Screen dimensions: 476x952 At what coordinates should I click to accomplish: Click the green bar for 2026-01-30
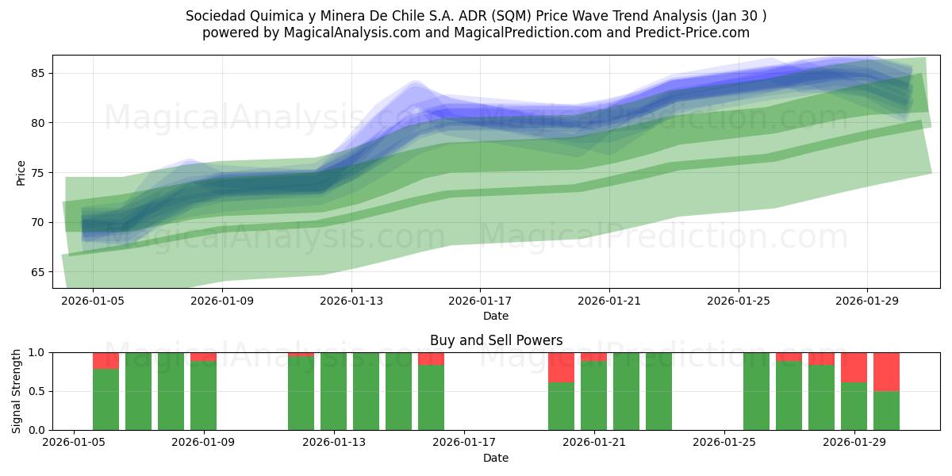click(x=886, y=410)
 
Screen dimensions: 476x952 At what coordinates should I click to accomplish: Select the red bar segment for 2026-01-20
click(x=561, y=367)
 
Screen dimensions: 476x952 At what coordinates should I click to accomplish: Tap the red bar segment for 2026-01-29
click(x=854, y=367)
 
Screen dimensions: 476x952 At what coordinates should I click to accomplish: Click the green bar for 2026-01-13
click(x=333, y=391)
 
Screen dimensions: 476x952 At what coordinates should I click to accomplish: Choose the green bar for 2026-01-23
click(x=658, y=391)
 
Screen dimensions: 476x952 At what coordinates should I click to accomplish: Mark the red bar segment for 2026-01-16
click(x=431, y=359)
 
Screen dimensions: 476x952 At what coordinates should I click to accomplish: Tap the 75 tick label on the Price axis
click(x=38, y=172)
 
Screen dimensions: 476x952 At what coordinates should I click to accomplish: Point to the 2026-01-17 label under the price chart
click(x=480, y=301)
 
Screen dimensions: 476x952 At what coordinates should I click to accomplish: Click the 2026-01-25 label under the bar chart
click(x=724, y=443)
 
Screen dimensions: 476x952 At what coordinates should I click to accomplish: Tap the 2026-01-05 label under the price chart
click(x=93, y=301)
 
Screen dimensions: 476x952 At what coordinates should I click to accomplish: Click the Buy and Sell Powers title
click(x=496, y=340)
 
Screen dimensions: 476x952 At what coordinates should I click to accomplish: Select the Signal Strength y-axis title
click(x=17, y=391)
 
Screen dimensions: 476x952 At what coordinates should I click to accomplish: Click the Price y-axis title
click(x=21, y=172)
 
